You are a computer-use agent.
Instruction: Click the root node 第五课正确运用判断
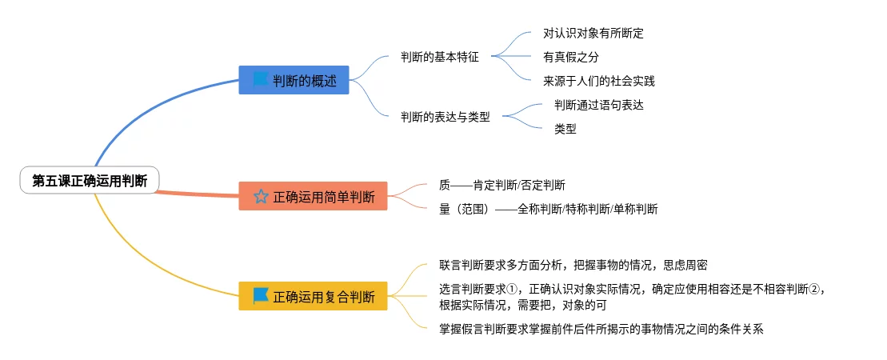pyautogui.click(x=90, y=181)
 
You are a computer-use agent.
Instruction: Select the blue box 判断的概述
pyautogui.click(x=294, y=80)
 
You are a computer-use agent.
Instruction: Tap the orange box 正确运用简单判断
pyautogui.click(x=313, y=196)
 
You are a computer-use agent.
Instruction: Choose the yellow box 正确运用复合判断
pyautogui.click(x=313, y=296)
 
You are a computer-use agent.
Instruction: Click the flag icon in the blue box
pyautogui.click(x=261, y=80)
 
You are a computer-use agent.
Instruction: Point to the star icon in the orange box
pyautogui.click(x=261, y=197)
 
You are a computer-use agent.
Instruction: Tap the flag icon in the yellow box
pyautogui.click(x=261, y=295)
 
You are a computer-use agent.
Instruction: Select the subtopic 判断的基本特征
pyautogui.click(x=440, y=57)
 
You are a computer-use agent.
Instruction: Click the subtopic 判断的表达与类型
pyautogui.click(x=445, y=118)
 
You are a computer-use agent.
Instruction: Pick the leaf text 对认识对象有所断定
pyautogui.click(x=593, y=34)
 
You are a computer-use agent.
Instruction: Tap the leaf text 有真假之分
pyautogui.click(x=570, y=57)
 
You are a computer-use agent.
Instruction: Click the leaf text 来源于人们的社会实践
pyautogui.click(x=598, y=81)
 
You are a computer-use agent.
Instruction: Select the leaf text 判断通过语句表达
pyautogui.click(x=598, y=106)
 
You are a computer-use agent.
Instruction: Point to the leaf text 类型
pyautogui.click(x=565, y=129)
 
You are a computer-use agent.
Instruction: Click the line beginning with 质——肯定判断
pyautogui.click(x=501, y=185)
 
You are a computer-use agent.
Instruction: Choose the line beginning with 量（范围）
pyautogui.click(x=548, y=209)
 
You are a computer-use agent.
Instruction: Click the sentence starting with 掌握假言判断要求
pyautogui.click(x=601, y=328)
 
